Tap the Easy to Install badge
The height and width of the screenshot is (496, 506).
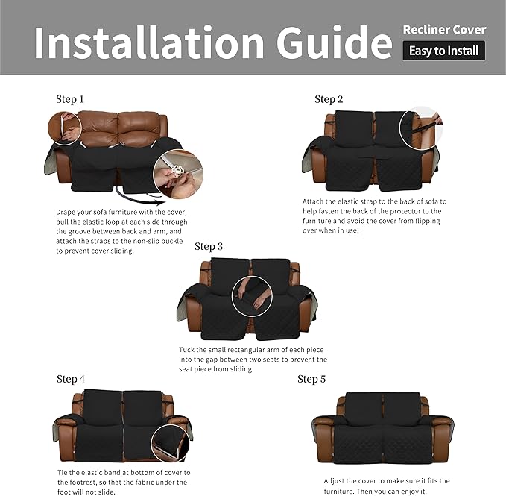(x=444, y=51)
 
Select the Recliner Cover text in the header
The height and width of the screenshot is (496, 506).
(x=444, y=30)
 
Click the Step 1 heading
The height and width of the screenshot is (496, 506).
(x=70, y=98)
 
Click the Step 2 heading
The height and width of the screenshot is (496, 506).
(x=329, y=99)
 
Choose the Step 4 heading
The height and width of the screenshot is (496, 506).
(x=71, y=379)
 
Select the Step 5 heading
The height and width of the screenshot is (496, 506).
(x=311, y=379)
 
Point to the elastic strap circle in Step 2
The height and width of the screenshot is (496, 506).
(x=420, y=125)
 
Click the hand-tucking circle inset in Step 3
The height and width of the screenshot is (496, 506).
(x=252, y=295)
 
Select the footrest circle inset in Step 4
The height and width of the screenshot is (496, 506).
(x=169, y=447)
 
